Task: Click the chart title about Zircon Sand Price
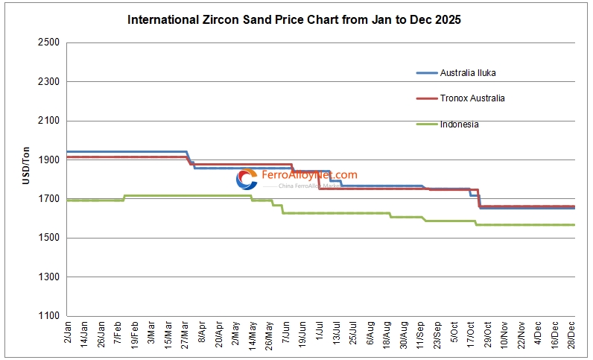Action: (294, 19)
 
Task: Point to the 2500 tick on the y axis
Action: (48, 42)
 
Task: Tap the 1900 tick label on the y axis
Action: (48, 160)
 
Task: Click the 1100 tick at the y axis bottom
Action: (48, 316)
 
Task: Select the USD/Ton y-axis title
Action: (26, 165)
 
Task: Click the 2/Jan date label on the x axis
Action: (69, 333)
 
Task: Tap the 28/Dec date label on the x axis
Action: (571, 335)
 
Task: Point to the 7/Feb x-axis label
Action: (118, 333)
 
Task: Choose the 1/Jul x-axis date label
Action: (320, 333)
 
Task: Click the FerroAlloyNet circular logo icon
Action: (247, 180)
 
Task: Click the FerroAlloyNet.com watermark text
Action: (309, 175)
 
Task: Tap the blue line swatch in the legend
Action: (426, 73)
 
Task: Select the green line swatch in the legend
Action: (426, 124)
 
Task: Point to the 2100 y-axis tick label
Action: (48, 121)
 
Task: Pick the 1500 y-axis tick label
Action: (48, 238)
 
